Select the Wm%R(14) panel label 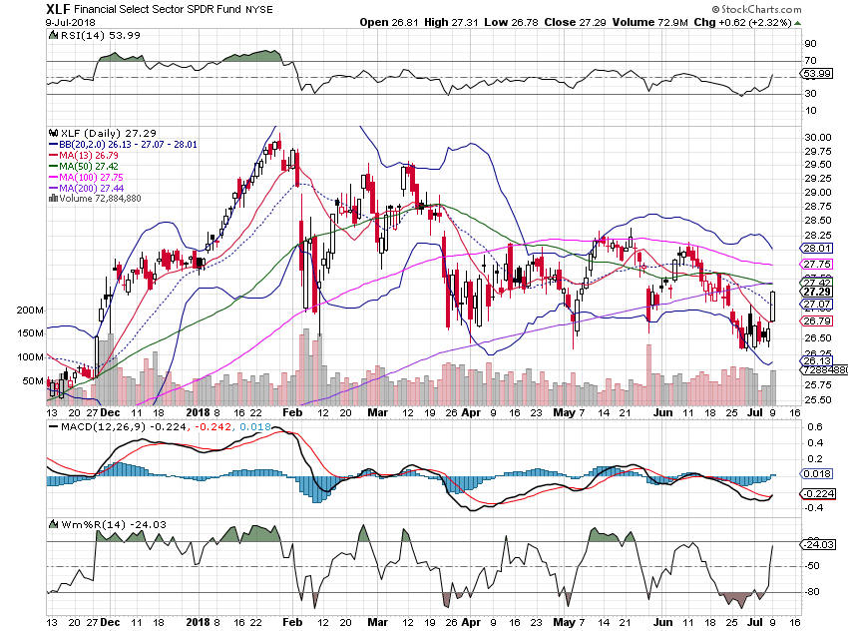click(82, 524)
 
